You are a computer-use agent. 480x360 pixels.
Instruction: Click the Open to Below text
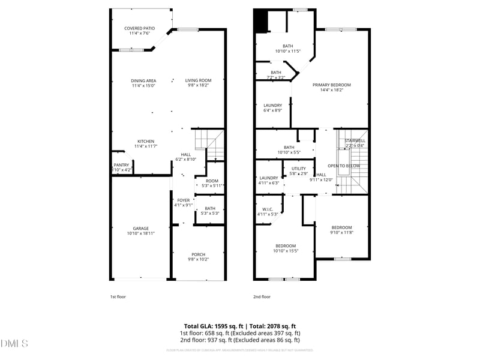coord(344,166)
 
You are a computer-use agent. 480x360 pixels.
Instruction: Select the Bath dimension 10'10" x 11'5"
coord(289,51)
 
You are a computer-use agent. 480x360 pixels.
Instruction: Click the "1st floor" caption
coord(118,296)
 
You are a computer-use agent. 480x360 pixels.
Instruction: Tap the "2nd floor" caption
coord(262,296)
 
